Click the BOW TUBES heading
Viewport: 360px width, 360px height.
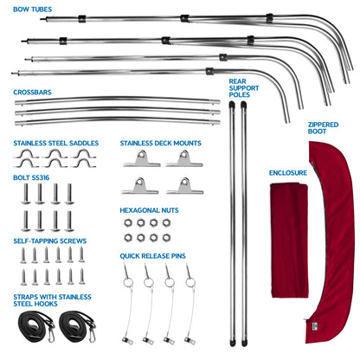pyautogui.click(x=33, y=10)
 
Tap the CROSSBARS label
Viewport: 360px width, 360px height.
pyautogui.click(x=32, y=93)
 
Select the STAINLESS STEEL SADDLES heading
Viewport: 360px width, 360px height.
pyautogui.click(x=56, y=143)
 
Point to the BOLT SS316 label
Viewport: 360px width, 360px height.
pyautogui.click(x=31, y=177)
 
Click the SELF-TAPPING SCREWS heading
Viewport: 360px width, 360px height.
pyautogui.click(x=50, y=241)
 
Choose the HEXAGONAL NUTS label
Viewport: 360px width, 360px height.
pyautogui.click(x=149, y=210)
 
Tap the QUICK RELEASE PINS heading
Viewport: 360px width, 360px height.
pyautogui.click(x=152, y=256)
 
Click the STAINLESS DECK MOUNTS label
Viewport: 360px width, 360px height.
pyautogui.click(x=161, y=143)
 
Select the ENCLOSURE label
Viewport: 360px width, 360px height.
pyautogui.click(x=288, y=173)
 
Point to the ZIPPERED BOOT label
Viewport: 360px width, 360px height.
pyautogui.click(x=323, y=128)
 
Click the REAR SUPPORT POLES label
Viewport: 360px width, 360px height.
pyautogui.click(x=244, y=88)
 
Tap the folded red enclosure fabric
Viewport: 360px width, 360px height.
pyautogui.click(x=289, y=241)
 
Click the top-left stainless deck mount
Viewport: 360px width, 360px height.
pyautogui.click(x=142, y=159)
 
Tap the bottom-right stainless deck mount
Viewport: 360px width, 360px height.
pyautogui.click(x=184, y=186)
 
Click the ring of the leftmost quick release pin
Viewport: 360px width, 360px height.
pyautogui.click(x=128, y=282)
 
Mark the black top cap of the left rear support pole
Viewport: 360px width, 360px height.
pyautogui.click(x=231, y=105)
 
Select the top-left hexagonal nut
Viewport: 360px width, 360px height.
pyautogui.click(x=128, y=223)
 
